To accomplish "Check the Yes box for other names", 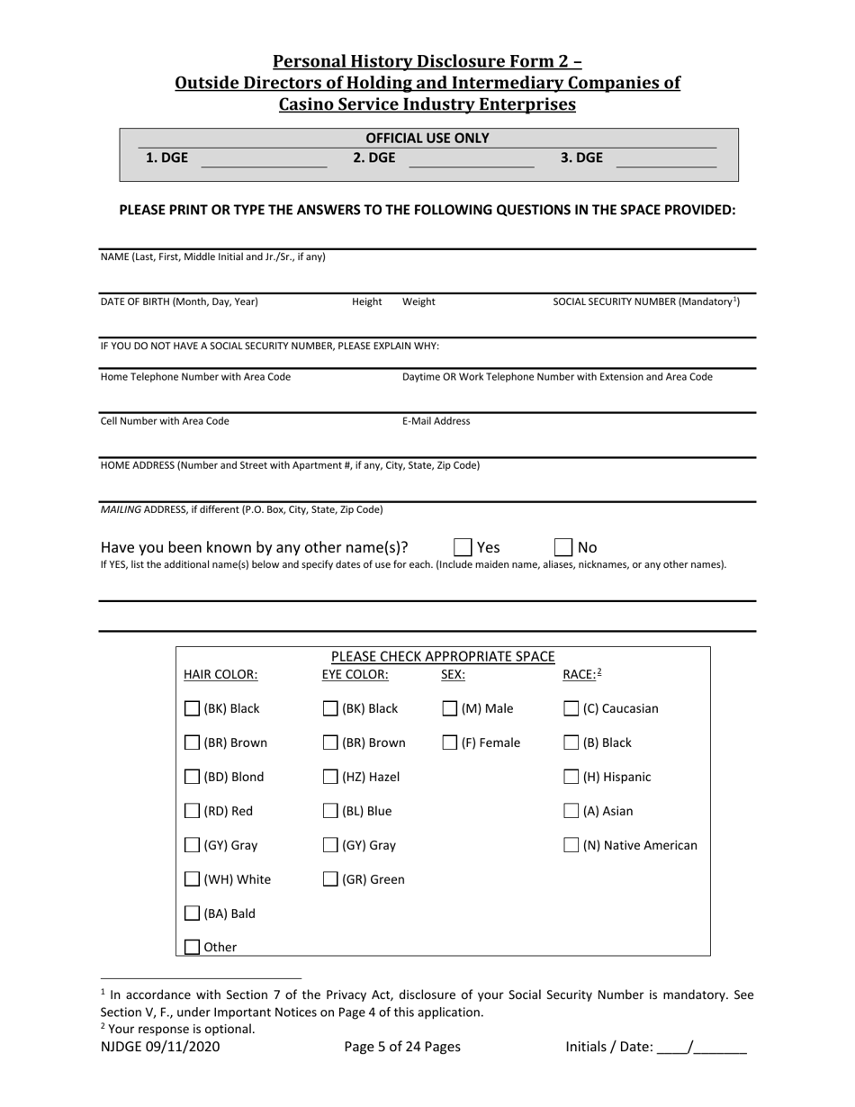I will tap(463, 547).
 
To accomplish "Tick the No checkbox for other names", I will tap(563, 547).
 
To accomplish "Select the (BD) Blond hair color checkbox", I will tap(193, 777).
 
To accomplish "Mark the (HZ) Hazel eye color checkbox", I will tap(331, 777).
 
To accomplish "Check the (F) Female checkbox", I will tap(450, 742).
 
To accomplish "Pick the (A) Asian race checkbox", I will tap(571, 811).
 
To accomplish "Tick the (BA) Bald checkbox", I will tap(193, 913).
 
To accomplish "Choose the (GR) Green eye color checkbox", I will tap(331, 879).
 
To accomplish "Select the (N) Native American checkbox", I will tap(571, 845).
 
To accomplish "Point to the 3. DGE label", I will tap(581, 157).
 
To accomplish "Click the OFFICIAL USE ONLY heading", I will tap(427, 138).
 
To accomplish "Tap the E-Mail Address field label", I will tap(436, 421).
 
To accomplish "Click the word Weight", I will tap(418, 302).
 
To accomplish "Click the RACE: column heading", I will tap(579, 674).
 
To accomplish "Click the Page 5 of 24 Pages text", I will tap(402, 1047).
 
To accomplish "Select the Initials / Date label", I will tap(609, 1047).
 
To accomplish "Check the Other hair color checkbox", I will tap(193, 947).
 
